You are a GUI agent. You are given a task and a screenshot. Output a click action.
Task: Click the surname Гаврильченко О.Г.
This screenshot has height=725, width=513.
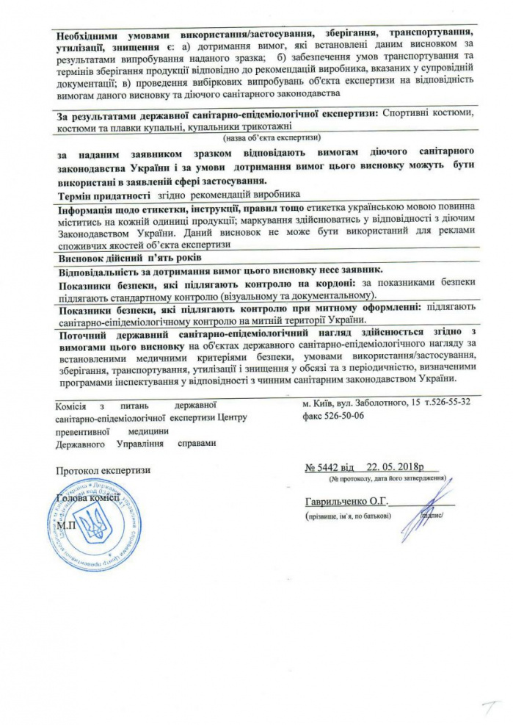click(x=344, y=502)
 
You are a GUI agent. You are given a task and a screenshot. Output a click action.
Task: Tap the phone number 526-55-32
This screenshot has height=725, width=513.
click(x=452, y=404)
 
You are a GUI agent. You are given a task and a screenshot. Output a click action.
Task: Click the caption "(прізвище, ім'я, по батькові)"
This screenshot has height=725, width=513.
click(x=349, y=515)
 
